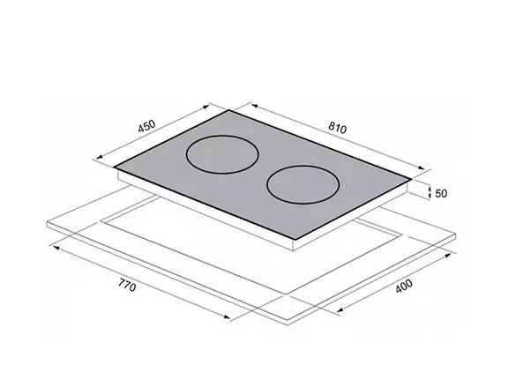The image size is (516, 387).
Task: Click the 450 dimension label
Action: coord(146,126)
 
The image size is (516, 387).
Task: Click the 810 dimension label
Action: coord(337,128)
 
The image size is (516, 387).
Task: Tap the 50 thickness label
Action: coord(441,194)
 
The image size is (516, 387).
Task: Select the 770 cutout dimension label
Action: coord(127,285)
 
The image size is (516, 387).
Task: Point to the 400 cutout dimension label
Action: coord(404,286)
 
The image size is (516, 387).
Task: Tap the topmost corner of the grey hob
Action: coord(229,110)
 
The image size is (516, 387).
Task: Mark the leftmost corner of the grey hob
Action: coord(114,167)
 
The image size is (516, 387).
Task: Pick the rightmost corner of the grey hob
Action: coord(411,180)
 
